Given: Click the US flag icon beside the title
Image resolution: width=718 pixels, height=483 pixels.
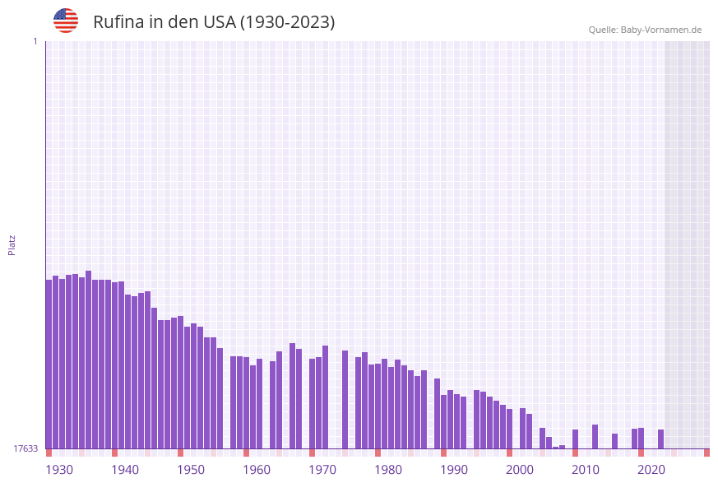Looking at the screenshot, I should [66, 21].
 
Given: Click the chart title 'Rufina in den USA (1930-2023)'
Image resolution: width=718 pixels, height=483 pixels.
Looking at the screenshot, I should [214, 22].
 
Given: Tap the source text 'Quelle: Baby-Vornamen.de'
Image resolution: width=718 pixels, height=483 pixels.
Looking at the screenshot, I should [645, 30].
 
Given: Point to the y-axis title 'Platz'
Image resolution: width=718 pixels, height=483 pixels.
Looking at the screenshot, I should [12, 244].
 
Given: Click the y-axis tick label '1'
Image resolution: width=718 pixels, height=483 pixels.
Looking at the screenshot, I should [35, 42].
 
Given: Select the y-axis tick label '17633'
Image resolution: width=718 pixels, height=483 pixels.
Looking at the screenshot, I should [25, 448].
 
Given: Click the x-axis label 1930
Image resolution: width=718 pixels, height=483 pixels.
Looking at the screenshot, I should [59, 470].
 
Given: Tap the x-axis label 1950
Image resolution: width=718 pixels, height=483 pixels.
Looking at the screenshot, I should [191, 470].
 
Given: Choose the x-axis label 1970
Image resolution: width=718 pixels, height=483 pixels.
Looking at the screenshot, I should [322, 470].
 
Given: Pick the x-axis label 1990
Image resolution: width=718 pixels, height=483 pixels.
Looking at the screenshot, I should [454, 470].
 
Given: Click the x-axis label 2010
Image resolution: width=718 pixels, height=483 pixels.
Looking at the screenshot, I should [586, 470].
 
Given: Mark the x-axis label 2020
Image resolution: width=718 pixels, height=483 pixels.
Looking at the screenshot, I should [651, 470].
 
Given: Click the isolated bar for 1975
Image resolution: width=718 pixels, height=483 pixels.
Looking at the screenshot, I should [345, 400].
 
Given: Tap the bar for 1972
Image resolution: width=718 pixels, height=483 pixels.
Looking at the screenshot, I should [326, 397].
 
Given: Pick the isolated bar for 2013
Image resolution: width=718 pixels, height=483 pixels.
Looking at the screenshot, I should [595, 437].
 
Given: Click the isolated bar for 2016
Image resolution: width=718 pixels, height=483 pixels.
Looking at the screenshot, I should [615, 441].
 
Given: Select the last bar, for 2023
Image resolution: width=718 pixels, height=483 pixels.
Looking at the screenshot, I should [661, 439].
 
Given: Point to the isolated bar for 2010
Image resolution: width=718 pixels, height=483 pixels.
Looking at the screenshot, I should [576, 439].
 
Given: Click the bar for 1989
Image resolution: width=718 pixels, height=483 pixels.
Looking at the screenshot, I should [438, 414].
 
